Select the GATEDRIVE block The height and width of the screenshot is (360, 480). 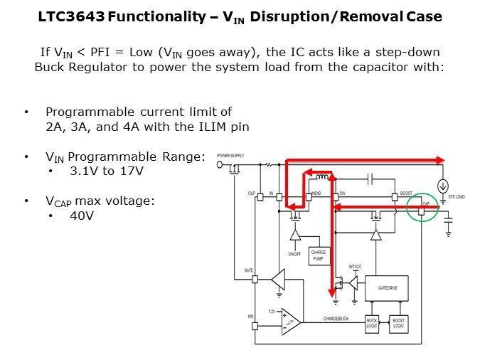pyautogui.click(x=385, y=287)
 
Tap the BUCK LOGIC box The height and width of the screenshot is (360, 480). pyautogui.click(x=372, y=324)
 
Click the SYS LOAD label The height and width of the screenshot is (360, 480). pyautogui.click(x=455, y=196)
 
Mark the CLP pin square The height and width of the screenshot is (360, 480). pyautogui.click(x=256, y=196)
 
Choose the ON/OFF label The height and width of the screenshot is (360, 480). pyautogui.click(x=295, y=253)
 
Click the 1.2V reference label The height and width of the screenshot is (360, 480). pyautogui.click(x=272, y=312)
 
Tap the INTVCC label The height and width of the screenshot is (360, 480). pyautogui.click(x=355, y=268)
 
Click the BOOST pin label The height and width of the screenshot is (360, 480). pyautogui.click(x=406, y=192)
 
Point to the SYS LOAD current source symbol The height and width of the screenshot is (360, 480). pyautogui.click(x=443, y=191)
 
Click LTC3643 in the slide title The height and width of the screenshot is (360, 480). pyautogui.click(x=71, y=16)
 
